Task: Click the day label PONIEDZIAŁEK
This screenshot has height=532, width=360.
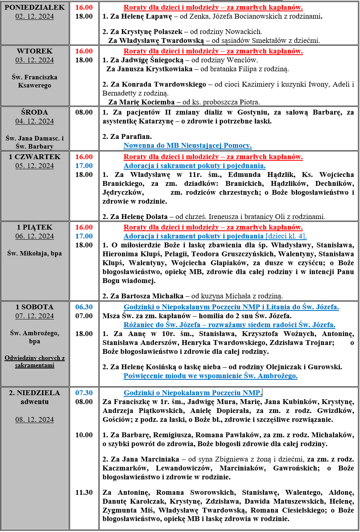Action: coord(34,7)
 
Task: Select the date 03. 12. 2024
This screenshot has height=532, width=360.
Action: coord(34,60)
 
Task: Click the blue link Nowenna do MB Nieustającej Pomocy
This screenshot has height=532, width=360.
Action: coord(187,145)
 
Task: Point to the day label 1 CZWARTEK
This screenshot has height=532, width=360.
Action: coord(34,157)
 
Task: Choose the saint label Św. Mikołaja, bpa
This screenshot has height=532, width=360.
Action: coord(34,253)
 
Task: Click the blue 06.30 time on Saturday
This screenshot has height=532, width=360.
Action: coord(84,307)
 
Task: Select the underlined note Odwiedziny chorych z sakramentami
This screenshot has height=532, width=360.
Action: coord(34,362)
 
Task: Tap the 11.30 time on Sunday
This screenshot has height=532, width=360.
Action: coord(84,492)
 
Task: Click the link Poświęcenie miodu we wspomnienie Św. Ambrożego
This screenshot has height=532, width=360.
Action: coord(210,376)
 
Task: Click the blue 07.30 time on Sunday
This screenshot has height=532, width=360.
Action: coord(84,393)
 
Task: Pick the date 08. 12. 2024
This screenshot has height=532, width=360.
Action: coord(34,419)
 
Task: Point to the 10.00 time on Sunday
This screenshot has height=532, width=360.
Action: coord(84,435)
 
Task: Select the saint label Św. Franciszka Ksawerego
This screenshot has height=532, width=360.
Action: coord(34,81)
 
